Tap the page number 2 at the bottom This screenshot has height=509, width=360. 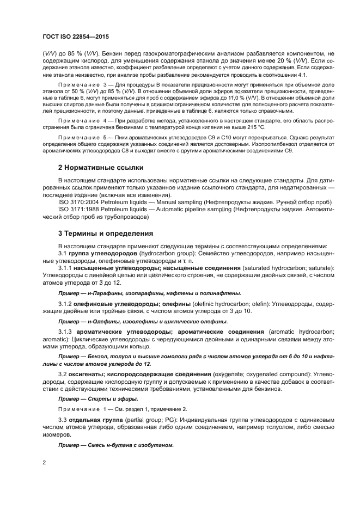44,463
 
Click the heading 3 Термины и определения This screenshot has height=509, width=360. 106,233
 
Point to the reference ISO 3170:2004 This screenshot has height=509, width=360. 81,202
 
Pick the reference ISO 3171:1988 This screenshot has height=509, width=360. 81,209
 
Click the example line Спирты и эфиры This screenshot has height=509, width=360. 98,398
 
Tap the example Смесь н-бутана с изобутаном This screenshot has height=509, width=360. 116,445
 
